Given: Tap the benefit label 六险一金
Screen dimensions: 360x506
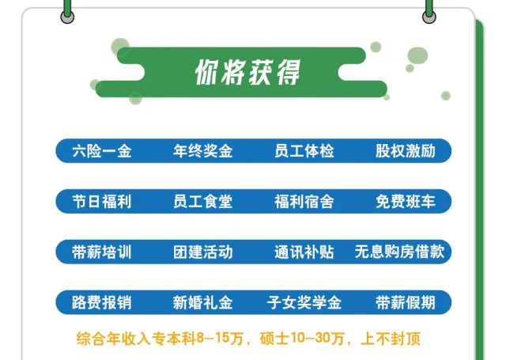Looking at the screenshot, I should click(x=101, y=151).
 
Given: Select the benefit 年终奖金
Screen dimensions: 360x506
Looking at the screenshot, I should click(x=202, y=151).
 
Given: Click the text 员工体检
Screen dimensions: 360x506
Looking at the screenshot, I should click(x=304, y=151).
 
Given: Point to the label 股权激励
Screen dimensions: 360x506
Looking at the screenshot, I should click(x=405, y=151).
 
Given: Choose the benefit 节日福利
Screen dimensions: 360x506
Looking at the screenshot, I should click(x=101, y=202).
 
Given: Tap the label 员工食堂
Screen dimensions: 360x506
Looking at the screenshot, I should click(x=202, y=202).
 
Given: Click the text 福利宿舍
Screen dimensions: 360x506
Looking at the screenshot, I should click(x=304, y=202).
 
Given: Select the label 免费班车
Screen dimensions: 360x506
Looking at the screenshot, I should click(x=405, y=202).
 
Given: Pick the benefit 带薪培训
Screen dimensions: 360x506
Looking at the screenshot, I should click(x=101, y=252).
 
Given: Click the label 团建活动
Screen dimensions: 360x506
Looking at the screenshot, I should click(x=202, y=252).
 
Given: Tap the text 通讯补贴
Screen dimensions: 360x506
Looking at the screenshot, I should click(x=304, y=252).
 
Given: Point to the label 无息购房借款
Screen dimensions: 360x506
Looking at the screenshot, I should click(x=403, y=252).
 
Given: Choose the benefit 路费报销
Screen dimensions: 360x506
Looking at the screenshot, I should click(x=101, y=303).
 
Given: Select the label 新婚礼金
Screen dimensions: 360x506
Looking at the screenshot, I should click(x=202, y=303).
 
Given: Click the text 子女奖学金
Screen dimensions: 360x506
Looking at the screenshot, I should click(x=304, y=303).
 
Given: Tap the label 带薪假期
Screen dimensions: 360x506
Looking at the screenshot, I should click(x=405, y=303).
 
